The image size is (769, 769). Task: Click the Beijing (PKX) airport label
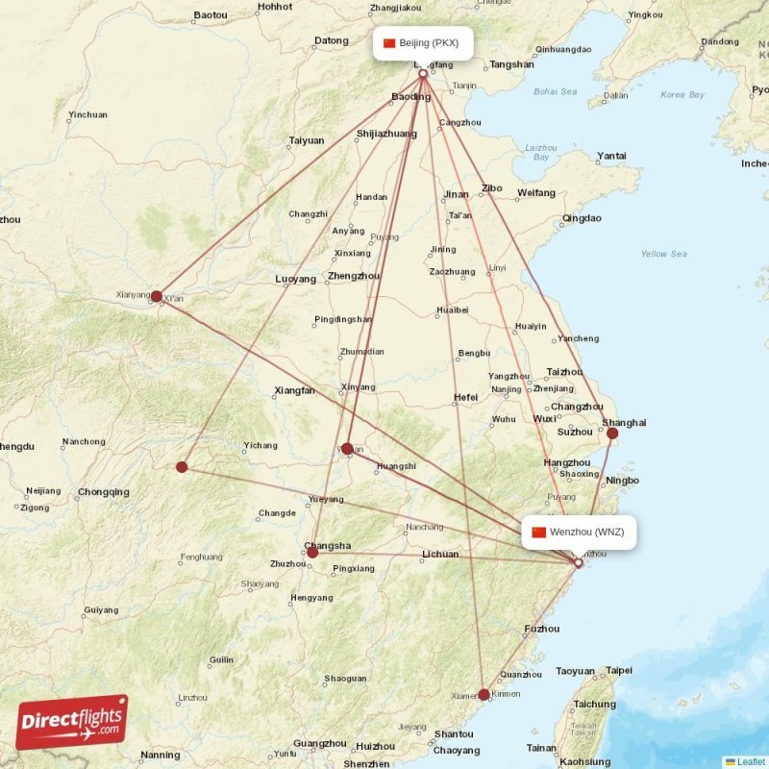point(423,42)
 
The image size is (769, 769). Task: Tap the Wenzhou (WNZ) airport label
point(580,532)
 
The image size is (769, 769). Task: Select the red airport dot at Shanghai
point(612,434)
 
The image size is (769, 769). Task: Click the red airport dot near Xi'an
point(157,296)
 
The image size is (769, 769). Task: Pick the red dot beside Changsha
point(312,552)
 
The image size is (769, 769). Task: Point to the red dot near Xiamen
point(484,693)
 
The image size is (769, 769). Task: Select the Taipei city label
point(619,670)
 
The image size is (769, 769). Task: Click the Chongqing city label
point(104,492)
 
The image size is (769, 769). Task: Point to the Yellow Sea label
point(664,254)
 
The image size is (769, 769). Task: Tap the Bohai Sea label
point(555,91)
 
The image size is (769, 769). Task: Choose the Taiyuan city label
point(307,140)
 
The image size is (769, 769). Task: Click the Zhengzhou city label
point(353,276)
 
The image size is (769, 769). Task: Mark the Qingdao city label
point(582,218)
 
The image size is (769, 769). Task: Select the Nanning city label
point(160,756)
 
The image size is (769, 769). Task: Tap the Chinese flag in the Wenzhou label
point(538,532)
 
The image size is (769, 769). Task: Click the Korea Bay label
point(682,95)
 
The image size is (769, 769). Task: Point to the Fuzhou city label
point(542,629)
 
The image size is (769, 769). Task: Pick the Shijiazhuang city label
point(386,134)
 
